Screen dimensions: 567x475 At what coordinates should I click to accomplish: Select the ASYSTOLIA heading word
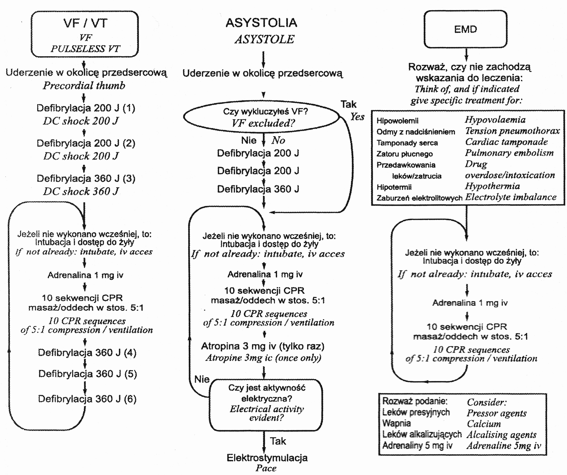[261, 23]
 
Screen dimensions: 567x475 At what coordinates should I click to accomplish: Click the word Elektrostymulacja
[267, 458]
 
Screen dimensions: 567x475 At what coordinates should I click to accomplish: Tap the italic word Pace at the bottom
[266, 468]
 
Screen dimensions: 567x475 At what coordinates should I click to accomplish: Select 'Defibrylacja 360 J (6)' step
[87, 399]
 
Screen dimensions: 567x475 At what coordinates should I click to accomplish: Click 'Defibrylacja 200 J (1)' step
[86, 108]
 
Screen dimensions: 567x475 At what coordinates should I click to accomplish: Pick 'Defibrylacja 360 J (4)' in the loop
[87, 353]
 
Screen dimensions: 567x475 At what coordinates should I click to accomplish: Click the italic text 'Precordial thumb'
[84, 85]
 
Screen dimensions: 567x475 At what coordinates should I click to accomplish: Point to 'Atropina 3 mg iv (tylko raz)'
[263, 346]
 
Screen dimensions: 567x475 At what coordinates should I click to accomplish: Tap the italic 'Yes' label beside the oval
[357, 117]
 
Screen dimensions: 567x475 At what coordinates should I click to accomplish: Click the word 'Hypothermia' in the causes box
[492, 186]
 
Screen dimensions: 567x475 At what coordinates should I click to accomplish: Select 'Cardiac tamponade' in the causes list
[506, 142]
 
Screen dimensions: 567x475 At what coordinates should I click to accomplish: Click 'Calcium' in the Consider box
[484, 424]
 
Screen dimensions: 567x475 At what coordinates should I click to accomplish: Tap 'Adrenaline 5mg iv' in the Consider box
[504, 446]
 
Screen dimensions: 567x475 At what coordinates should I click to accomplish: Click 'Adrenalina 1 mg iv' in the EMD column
[470, 303]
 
